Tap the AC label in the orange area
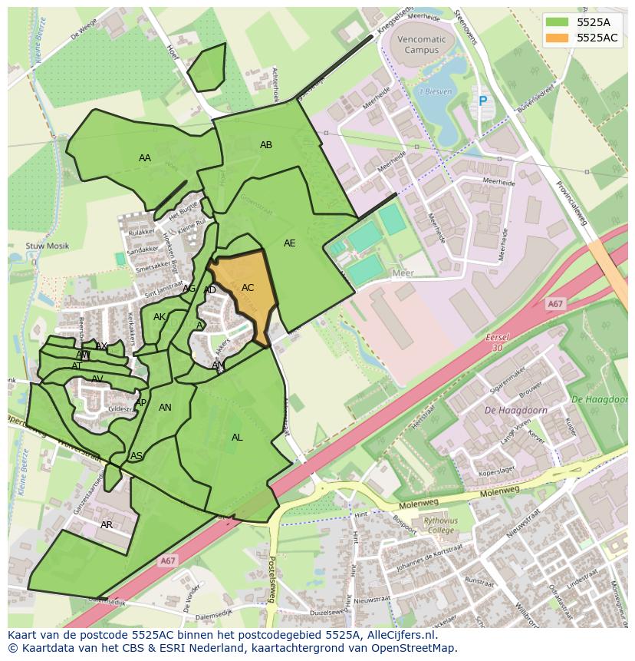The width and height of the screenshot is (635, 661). click(248, 288)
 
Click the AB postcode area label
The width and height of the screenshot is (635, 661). click(266, 145)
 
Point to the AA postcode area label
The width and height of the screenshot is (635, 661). click(145, 158)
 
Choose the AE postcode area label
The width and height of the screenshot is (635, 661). click(289, 243)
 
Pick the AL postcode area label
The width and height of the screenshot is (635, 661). click(237, 438)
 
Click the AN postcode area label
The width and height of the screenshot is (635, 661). click(165, 408)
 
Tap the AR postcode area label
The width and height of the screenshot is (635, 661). click(107, 525)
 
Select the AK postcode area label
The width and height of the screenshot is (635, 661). click(160, 317)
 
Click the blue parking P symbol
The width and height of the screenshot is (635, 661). click(482, 101)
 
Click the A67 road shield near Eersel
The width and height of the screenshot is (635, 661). click(556, 305)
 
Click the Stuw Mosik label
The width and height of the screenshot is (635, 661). click(47, 246)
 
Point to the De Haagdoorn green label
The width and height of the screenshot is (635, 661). click(600, 400)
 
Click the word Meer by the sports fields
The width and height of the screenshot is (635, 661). click(403, 273)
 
